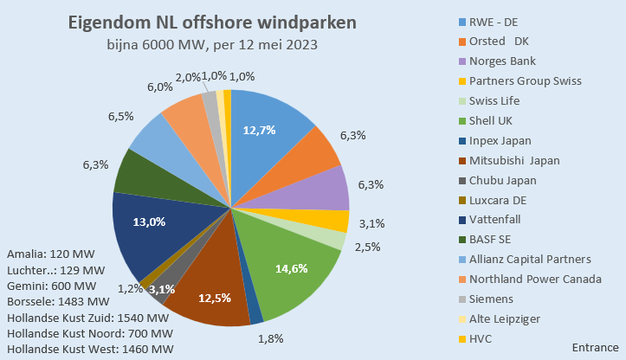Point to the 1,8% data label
click(271, 338)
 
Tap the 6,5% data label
click(120, 115)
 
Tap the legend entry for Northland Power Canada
click(535, 280)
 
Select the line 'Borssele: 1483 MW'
click(57, 302)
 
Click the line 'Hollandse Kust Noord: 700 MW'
click(88, 333)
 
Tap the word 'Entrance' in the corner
click(596, 345)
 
